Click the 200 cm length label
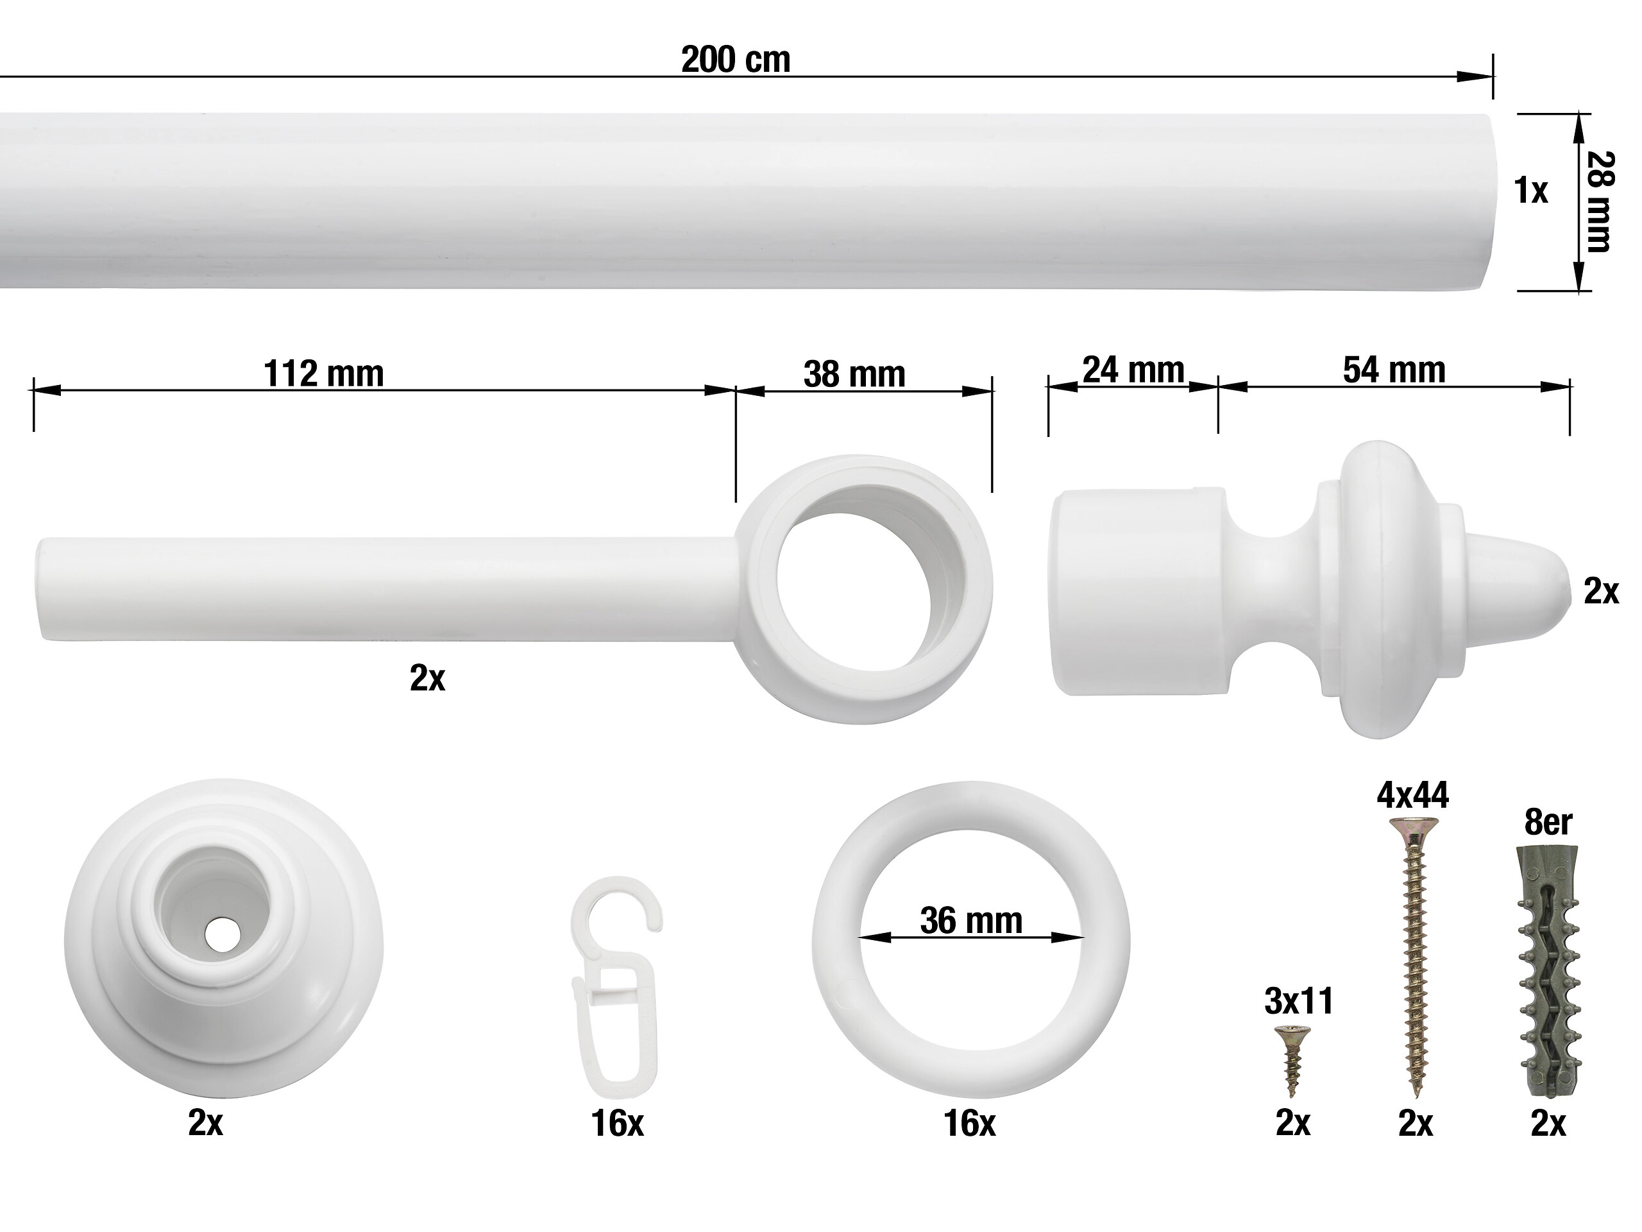736,60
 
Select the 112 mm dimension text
324,373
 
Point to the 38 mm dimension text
854,374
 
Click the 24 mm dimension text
1133,370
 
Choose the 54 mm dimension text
1394,370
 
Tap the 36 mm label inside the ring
971,921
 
